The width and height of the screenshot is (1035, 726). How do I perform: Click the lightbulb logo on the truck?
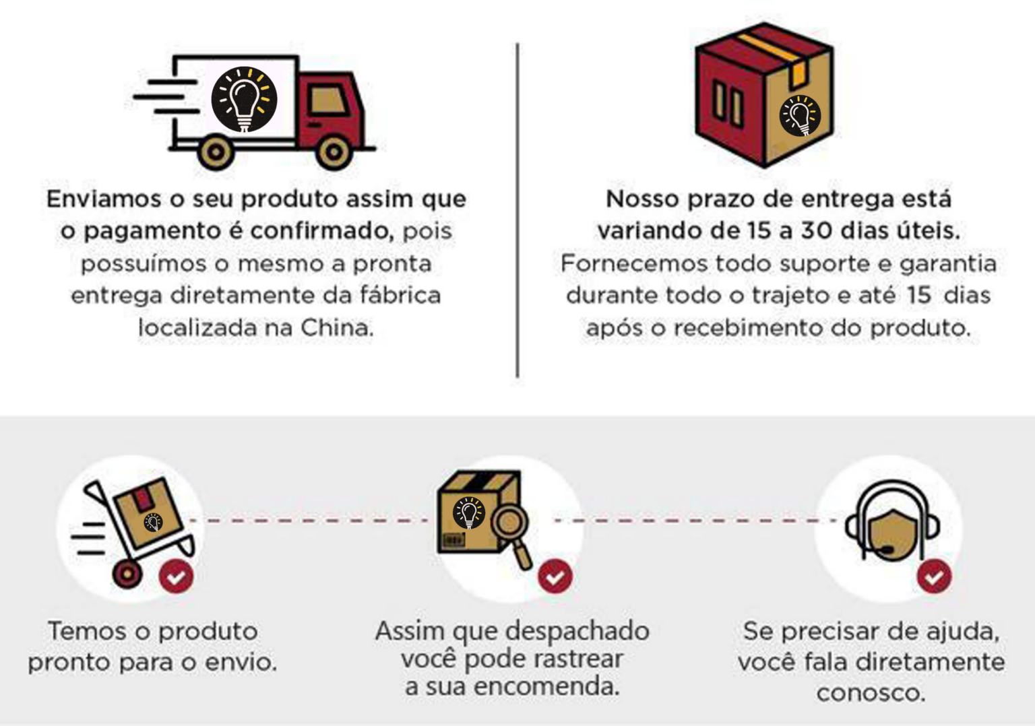click(x=244, y=99)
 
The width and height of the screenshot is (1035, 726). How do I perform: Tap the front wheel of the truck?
click(x=334, y=152)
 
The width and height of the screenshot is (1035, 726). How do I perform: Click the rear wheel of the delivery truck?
click(x=216, y=152)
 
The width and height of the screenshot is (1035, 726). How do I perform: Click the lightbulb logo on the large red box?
click(x=800, y=116)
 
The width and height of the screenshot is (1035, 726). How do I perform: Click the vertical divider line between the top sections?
click(x=517, y=209)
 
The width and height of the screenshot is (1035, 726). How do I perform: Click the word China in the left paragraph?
click(x=336, y=328)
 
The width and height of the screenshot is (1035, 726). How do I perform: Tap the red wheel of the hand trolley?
click(x=127, y=574)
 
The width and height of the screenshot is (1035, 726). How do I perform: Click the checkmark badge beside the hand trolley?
click(x=176, y=576)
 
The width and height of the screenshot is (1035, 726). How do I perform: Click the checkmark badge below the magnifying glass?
click(x=555, y=576)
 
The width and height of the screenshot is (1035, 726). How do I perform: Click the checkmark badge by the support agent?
click(x=934, y=576)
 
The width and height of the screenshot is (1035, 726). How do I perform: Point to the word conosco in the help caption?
click(x=871, y=692)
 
